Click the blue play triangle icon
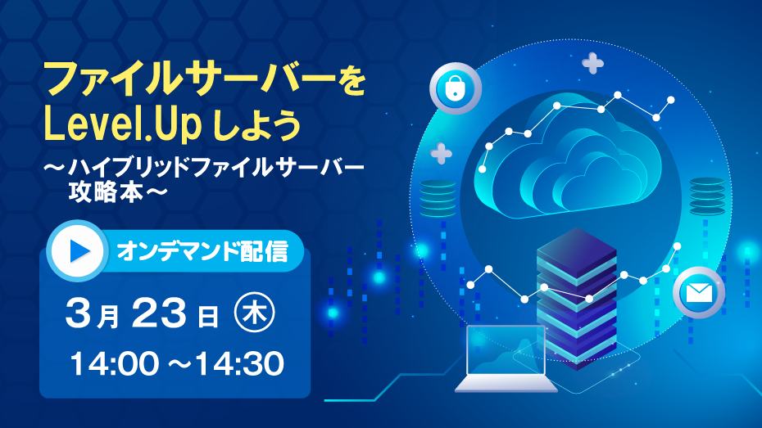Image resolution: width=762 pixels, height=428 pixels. pos(79,251)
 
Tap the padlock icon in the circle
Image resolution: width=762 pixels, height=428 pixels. pos(455,88)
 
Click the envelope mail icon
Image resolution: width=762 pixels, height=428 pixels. pos(699,293)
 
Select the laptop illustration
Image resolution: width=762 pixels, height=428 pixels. pos(506,358)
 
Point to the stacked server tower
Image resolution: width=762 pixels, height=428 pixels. pos(576,298)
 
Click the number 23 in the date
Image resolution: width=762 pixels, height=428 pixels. pos(158,313)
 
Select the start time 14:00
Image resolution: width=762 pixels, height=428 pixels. pos(115,364)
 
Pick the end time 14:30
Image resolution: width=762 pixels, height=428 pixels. pos(240,364)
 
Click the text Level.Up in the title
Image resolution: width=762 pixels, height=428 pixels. pos(122,124)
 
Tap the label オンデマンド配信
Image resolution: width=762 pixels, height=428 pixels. pos(202,251)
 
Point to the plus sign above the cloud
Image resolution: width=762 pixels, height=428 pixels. pos(593,63)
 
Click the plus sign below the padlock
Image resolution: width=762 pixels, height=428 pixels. pos(442,153)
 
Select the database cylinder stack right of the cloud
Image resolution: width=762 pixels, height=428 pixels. pos(707,196)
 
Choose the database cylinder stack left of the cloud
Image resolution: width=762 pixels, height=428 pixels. pos(438,199)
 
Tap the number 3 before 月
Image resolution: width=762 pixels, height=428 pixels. pos(78,313)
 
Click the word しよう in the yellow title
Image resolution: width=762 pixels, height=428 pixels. pos(257,124)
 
